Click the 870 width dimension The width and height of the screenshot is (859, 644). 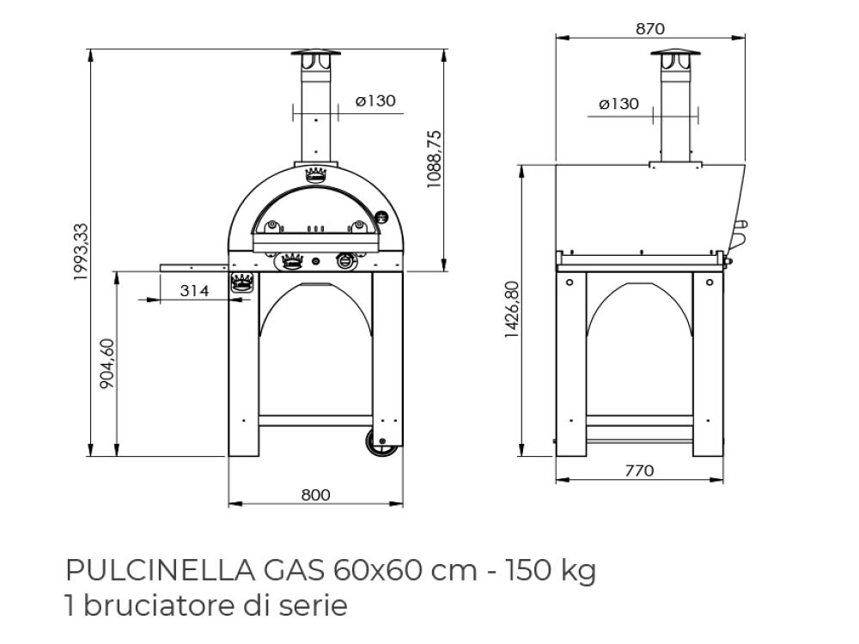coord(650,28)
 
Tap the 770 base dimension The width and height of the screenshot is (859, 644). coord(639,471)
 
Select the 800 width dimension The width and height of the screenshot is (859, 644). coord(315,495)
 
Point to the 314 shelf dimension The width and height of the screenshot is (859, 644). coord(194,290)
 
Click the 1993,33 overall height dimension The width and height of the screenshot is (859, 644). coord(81,252)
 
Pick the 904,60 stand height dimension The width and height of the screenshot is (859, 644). coord(108,363)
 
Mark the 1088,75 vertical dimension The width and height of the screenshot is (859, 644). coord(434,160)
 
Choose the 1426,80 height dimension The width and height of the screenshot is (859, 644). coord(511,309)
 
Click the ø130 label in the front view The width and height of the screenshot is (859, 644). coord(375,100)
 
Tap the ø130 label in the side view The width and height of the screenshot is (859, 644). coord(618,104)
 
